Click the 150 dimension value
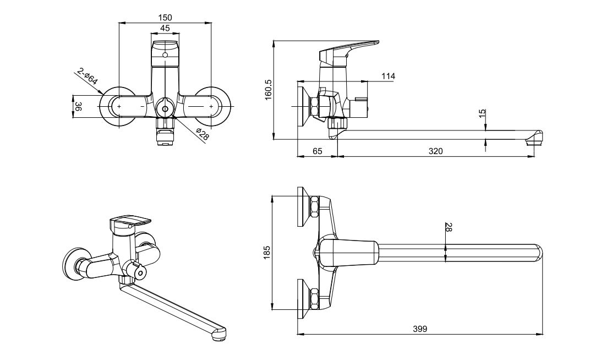point(165,18)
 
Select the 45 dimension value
point(165,28)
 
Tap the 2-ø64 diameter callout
point(88,76)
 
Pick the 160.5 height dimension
point(268,90)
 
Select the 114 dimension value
point(388,76)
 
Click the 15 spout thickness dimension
point(482,114)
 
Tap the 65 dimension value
point(317,150)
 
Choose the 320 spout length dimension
point(436,150)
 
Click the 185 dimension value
point(267,253)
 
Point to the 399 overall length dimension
point(420,329)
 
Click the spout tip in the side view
point(535,138)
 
